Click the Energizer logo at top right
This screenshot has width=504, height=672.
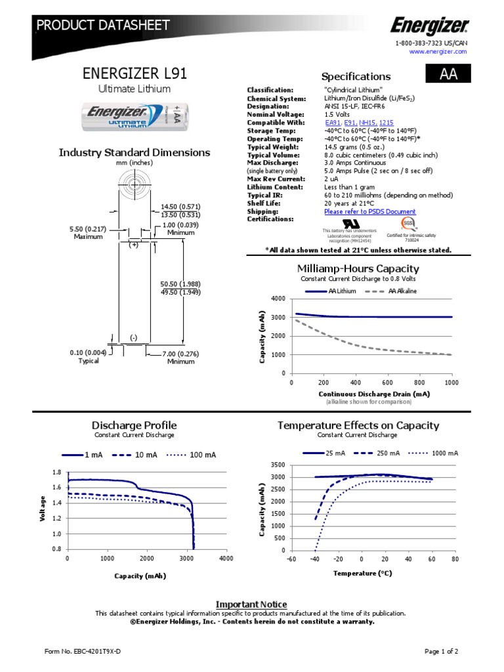point(430,26)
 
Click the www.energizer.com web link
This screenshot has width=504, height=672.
point(443,52)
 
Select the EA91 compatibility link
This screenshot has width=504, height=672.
point(333,122)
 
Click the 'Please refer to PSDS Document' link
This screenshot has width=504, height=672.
point(369,211)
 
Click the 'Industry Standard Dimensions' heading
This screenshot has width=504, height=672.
point(135,153)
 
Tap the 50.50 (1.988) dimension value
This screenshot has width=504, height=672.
point(180,283)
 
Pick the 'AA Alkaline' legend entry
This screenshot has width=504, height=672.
point(402,291)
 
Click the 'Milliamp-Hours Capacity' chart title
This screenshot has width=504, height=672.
point(358,268)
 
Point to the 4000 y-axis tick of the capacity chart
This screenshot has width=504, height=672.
point(278,299)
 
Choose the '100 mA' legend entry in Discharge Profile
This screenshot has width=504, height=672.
point(202,455)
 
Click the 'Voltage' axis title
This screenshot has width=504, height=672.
point(43,509)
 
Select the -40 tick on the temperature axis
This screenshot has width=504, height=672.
point(315,558)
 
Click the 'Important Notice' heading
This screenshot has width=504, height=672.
point(251,604)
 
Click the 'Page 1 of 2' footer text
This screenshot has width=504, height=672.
point(441,651)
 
